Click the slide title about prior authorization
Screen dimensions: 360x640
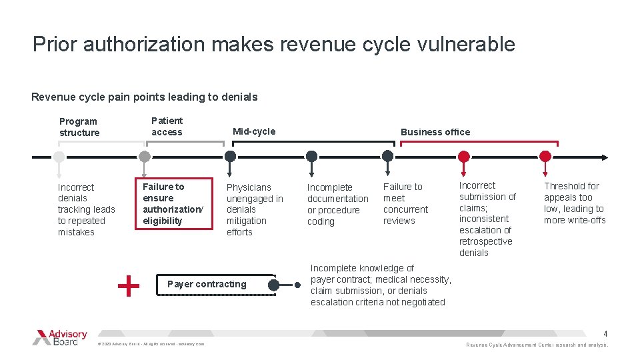[x=273, y=45]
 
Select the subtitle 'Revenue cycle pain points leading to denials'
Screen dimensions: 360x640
[x=144, y=97]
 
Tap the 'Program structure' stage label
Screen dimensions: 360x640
[x=79, y=127]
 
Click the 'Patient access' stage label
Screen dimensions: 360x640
[x=167, y=126]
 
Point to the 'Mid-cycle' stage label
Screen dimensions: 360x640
[x=253, y=131]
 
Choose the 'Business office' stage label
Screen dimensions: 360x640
[x=435, y=132]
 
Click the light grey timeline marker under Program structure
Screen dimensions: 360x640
[x=59, y=157]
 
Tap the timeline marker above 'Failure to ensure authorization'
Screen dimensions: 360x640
[x=144, y=157]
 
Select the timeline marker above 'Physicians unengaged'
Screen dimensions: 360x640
[x=230, y=157]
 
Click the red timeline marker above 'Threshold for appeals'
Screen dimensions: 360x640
[x=545, y=157]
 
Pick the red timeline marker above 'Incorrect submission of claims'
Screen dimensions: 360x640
[x=464, y=157]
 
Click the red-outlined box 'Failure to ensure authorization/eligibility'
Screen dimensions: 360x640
[x=175, y=203]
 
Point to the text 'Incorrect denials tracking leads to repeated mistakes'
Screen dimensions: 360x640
[x=86, y=209]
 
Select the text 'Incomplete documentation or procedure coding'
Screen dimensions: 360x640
[x=337, y=204]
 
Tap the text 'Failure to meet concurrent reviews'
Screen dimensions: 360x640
[x=405, y=203]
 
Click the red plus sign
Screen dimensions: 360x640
[x=128, y=286]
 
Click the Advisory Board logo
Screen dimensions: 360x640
[x=60, y=337]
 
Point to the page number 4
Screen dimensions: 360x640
[x=605, y=333]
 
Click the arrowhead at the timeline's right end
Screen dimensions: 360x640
[x=604, y=157]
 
